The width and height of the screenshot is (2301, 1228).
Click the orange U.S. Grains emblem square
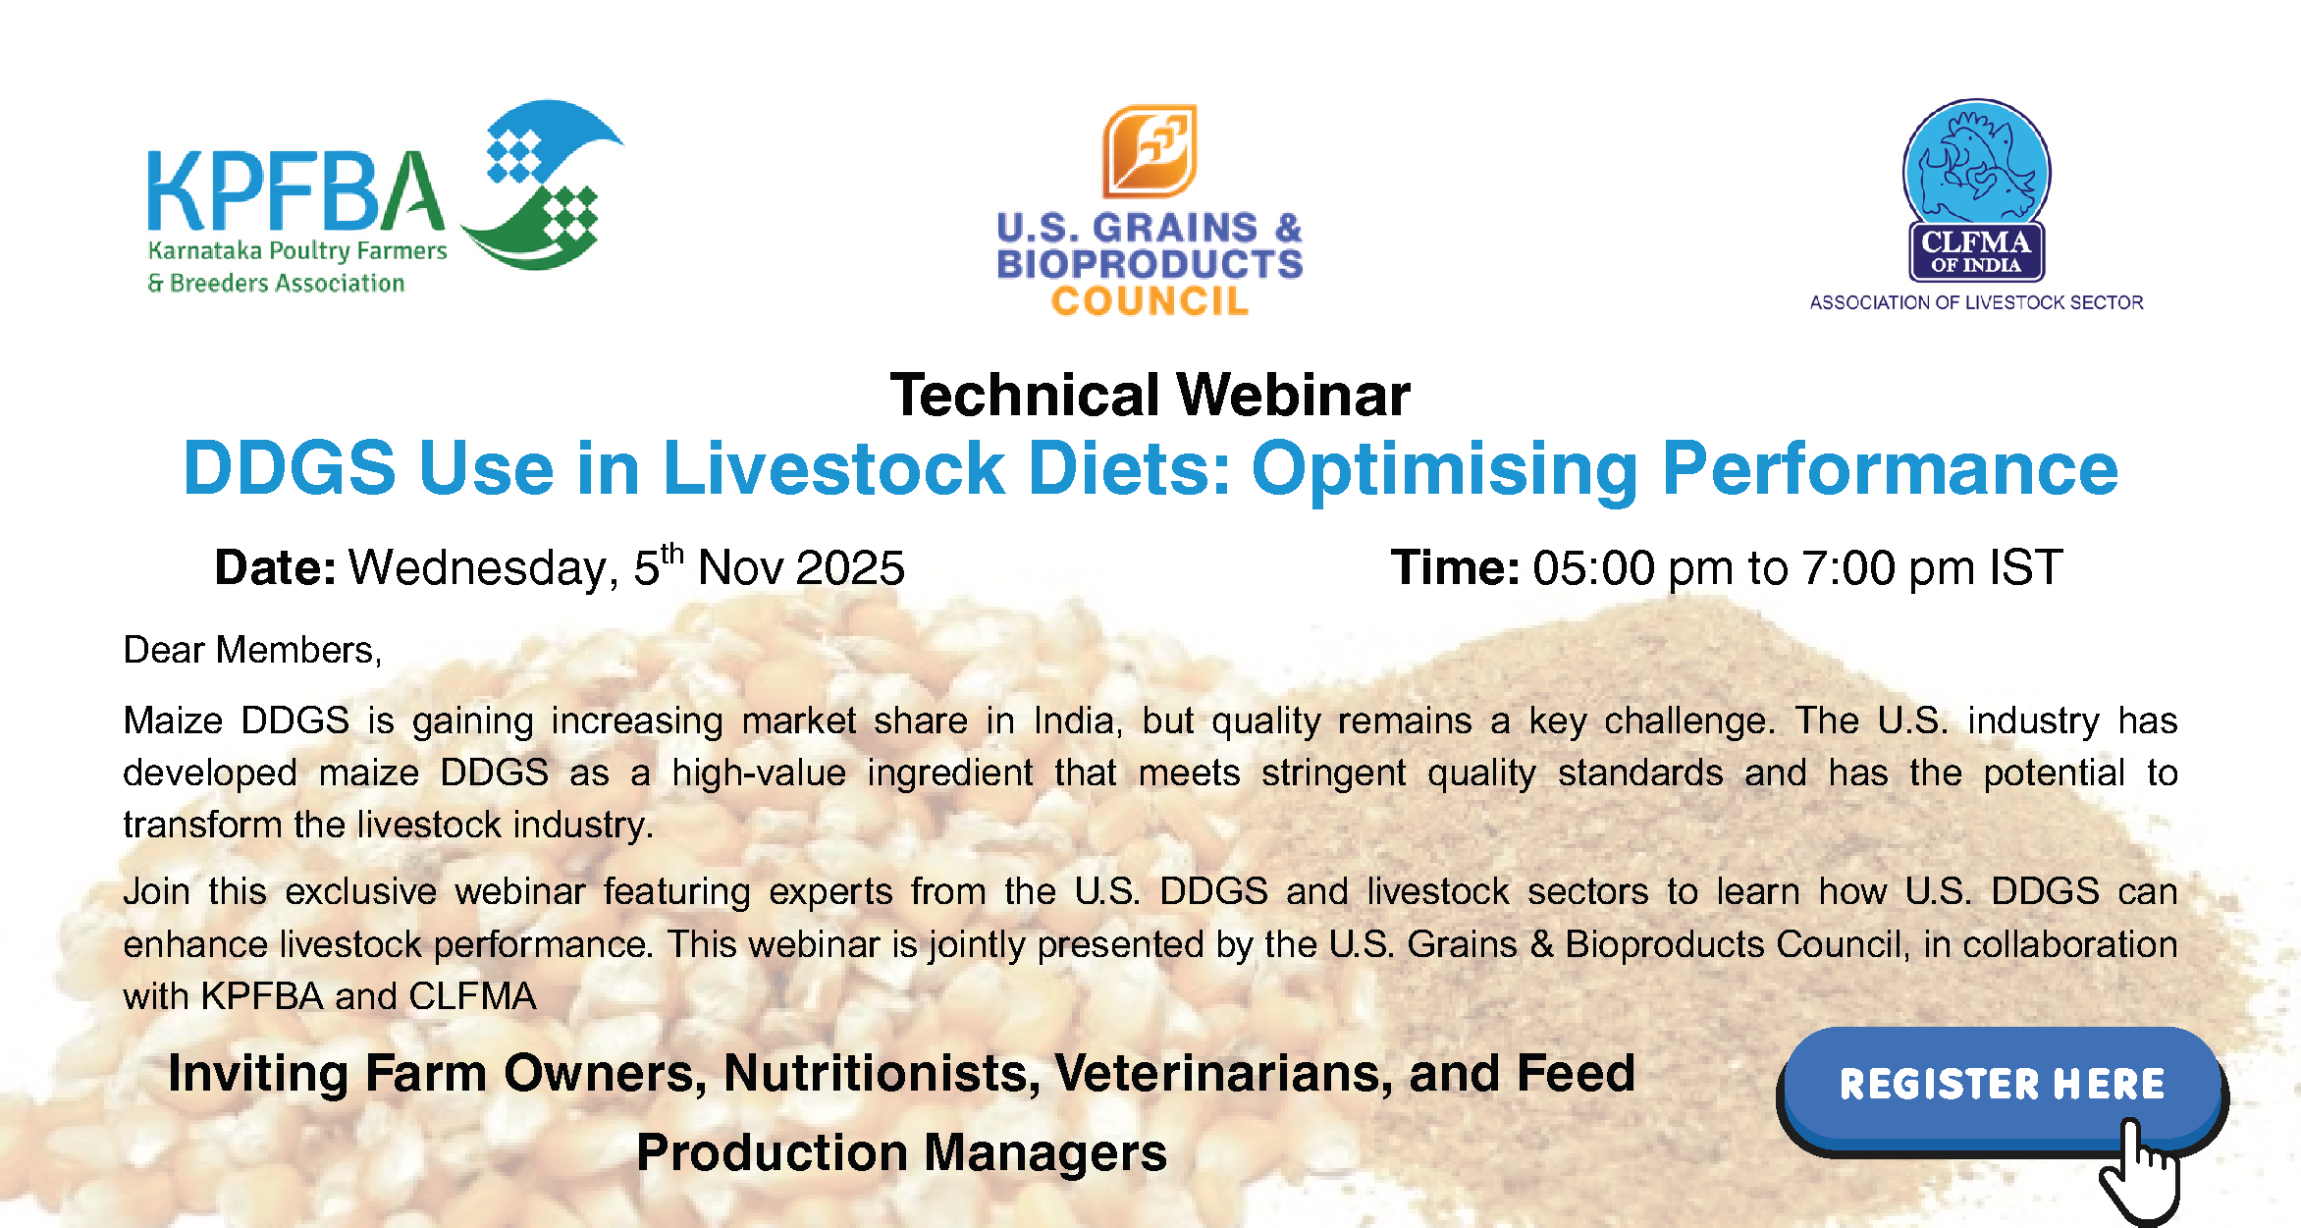click(1150, 151)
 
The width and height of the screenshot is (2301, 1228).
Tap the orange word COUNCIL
click(1150, 301)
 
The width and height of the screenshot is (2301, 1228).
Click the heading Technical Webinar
click(1150, 395)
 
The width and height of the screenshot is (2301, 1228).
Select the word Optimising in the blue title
click(1445, 469)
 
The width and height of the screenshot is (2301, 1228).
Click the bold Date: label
click(276, 567)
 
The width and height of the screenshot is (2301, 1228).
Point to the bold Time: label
click(1456, 567)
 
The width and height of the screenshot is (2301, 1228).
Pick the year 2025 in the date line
click(850, 567)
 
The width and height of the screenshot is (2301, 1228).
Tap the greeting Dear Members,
click(252, 650)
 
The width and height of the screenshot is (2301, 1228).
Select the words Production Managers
click(902, 1152)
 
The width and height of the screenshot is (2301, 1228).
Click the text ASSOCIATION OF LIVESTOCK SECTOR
click(1976, 302)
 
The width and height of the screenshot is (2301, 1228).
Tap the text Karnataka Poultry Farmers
click(297, 251)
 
